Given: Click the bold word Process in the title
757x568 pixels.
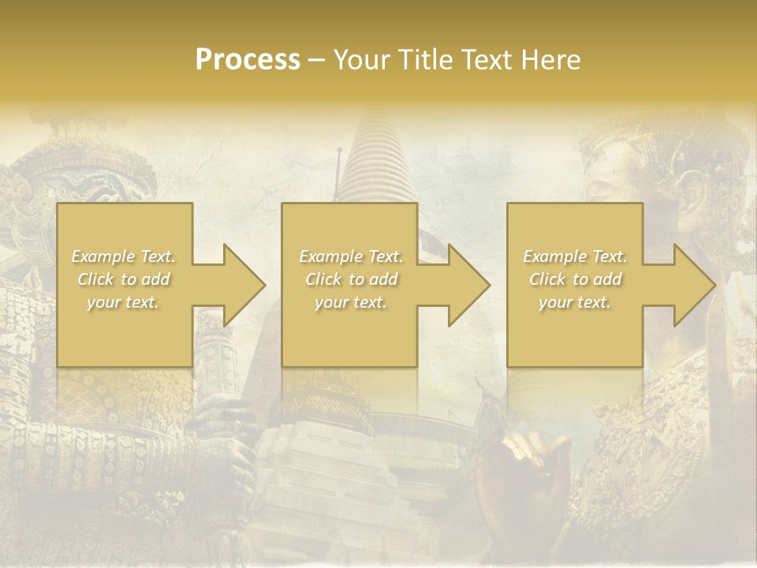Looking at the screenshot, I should [x=248, y=60].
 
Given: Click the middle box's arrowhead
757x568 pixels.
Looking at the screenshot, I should [x=468, y=285].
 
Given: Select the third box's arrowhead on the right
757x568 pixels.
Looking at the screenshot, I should [x=694, y=285].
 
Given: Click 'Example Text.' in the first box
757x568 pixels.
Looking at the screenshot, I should [x=123, y=256].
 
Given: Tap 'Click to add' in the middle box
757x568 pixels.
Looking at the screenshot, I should [x=351, y=279].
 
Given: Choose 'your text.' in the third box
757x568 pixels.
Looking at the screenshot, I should [x=575, y=302].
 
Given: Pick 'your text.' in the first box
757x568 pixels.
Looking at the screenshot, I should [x=123, y=302].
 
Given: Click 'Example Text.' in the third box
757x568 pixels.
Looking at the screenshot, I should [x=575, y=256].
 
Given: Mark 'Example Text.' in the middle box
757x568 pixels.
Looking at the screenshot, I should [x=351, y=256].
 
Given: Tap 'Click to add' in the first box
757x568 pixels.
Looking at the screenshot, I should [x=123, y=279].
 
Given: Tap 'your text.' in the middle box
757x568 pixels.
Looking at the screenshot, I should [x=351, y=302].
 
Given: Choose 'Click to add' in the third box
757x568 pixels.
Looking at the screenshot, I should [x=575, y=279].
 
